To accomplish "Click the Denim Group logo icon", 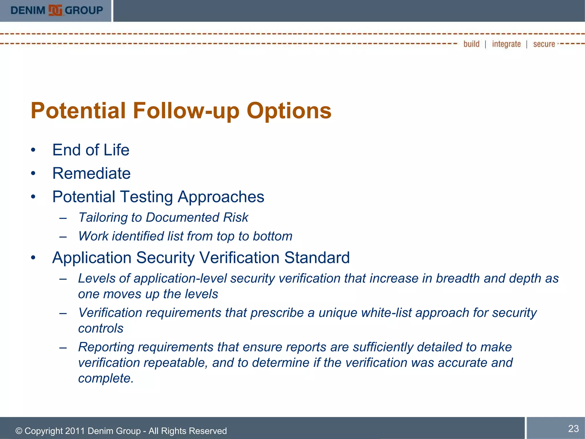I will [x=55, y=10].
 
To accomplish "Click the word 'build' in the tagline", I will [x=471, y=44].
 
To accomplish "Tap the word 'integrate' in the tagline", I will [x=506, y=44].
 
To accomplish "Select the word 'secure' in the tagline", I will [x=544, y=44].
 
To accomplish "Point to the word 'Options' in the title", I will [x=289, y=111].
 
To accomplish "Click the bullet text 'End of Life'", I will [x=91, y=150].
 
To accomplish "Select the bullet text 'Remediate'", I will [x=91, y=173].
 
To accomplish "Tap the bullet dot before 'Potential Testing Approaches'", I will [x=33, y=197].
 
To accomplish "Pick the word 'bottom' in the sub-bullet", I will [x=273, y=236].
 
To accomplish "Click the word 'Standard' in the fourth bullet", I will [x=317, y=258].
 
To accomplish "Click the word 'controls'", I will [x=101, y=328].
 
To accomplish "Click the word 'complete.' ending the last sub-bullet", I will [x=106, y=378].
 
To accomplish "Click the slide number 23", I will [x=573, y=428].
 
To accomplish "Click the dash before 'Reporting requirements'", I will [x=63, y=348].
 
